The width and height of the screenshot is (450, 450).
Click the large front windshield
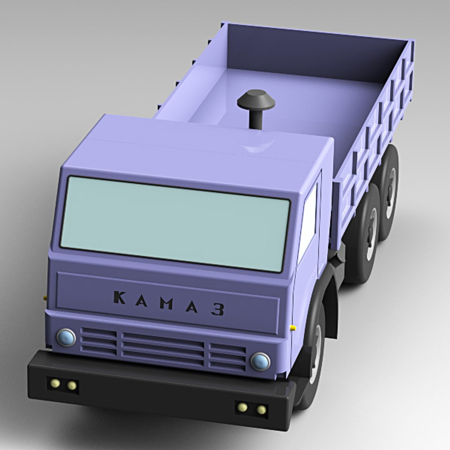coord(175,223)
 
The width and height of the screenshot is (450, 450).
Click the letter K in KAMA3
coord(119,297)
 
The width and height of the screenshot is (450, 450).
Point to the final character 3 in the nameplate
coord(217,309)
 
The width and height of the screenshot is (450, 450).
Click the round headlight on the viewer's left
coord(66,337)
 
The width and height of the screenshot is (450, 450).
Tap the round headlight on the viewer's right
coord(260,361)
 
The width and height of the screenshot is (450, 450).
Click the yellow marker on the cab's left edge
coord(45,298)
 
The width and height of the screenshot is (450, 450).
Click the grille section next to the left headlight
coord(98,340)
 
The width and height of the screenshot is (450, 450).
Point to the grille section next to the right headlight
coord(227,357)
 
